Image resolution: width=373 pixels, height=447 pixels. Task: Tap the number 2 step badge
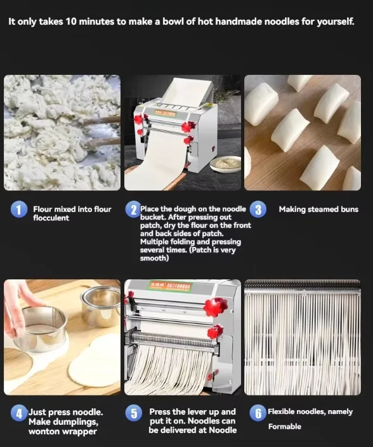(132, 210)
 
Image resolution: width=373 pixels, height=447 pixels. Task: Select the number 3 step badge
(258, 210)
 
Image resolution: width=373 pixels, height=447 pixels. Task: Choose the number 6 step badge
(257, 413)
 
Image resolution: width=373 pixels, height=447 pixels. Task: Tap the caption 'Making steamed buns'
(318, 209)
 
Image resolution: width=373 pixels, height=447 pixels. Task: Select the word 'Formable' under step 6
(284, 427)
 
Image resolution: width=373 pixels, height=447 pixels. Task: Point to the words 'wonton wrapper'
(62, 431)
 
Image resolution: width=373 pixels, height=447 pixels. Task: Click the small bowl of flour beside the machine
(226, 163)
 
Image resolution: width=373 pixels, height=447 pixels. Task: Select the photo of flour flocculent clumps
(62, 133)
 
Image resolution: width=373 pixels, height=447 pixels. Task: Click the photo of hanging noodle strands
(303, 337)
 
